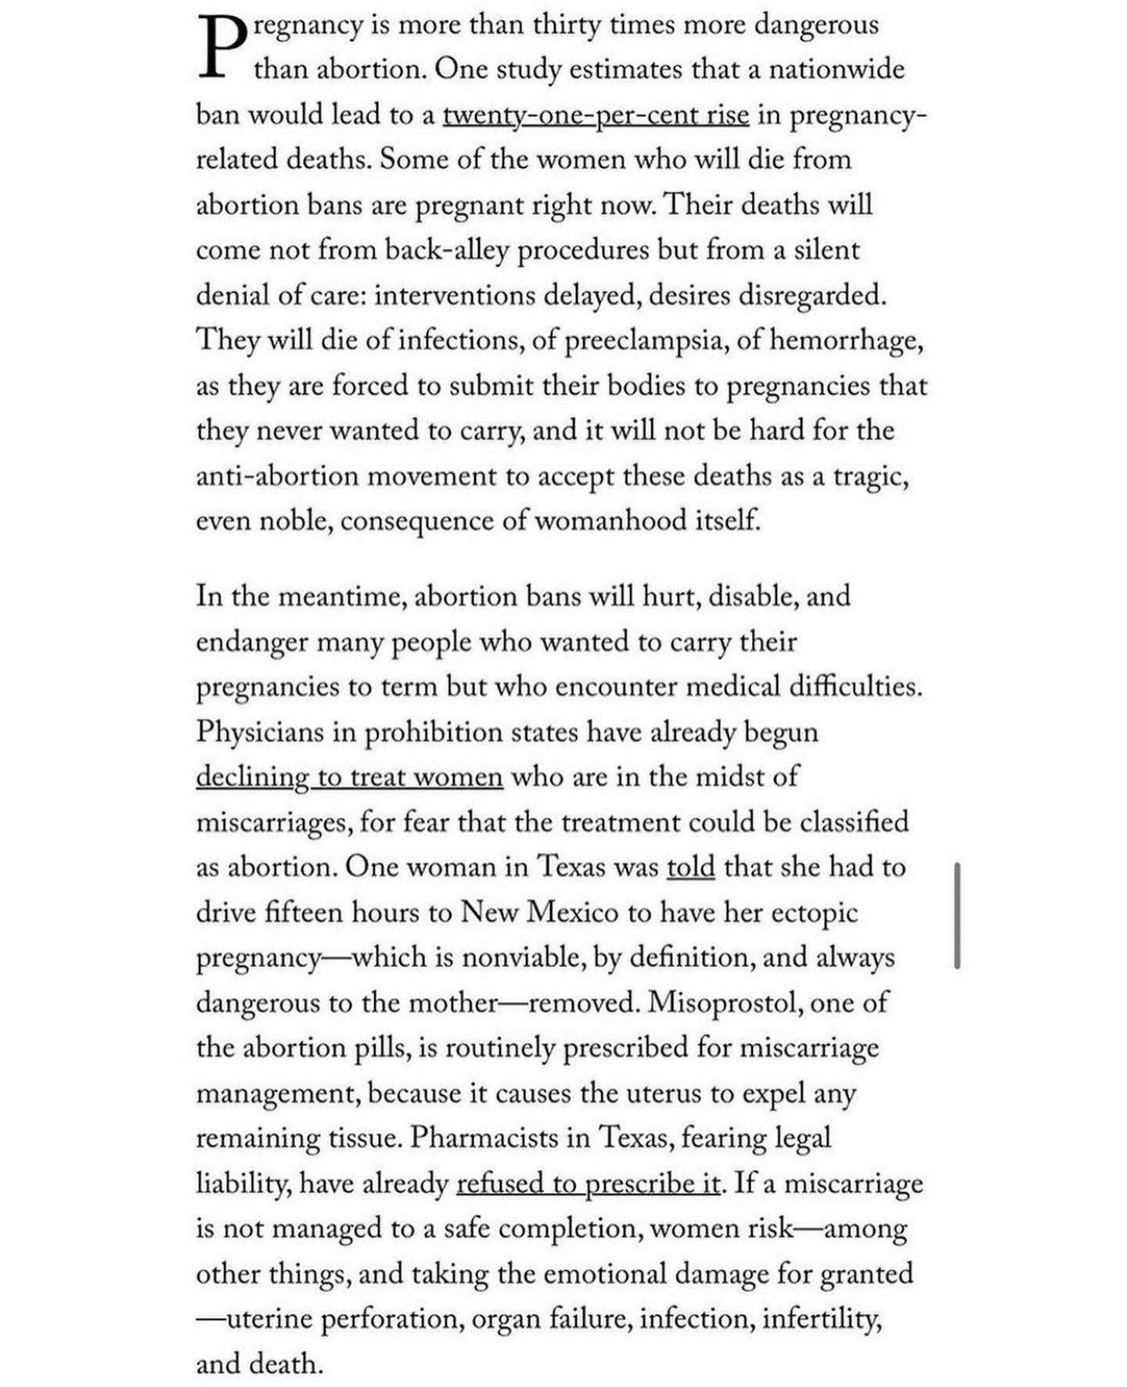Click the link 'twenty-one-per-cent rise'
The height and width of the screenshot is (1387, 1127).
pyautogui.click(x=596, y=115)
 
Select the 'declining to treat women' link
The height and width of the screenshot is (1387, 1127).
pyautogui.click(x=349, y=777)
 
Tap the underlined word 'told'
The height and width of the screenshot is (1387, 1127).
pyautogui.click(x=690, y=868)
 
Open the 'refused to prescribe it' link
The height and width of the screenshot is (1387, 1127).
pyautogui.click(x=588, y=1184)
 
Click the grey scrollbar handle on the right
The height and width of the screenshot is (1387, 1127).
pyautogui.click(x=956, y=915)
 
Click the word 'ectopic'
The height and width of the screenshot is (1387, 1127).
pyautogui.click(x=815, y=913)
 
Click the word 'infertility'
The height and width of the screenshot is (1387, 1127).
pyautogui.click(x=822, y=1319)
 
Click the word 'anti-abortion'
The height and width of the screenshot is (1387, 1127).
pyautogui.click(x=276, y=476)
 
